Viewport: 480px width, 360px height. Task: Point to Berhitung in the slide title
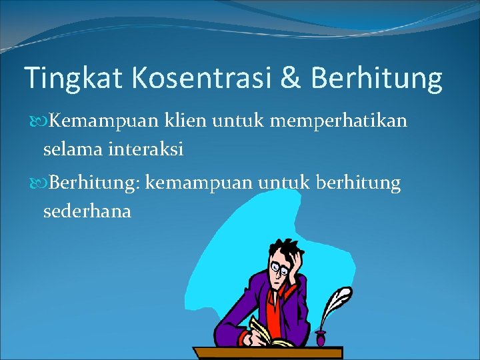[x=377, y=79]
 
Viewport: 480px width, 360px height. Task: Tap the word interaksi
[x=146, y=150]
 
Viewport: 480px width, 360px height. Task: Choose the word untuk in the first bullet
[x=241, y=122]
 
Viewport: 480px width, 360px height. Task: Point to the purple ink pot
[x=321, y=338]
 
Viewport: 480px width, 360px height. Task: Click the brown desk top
[x=267, y=353]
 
